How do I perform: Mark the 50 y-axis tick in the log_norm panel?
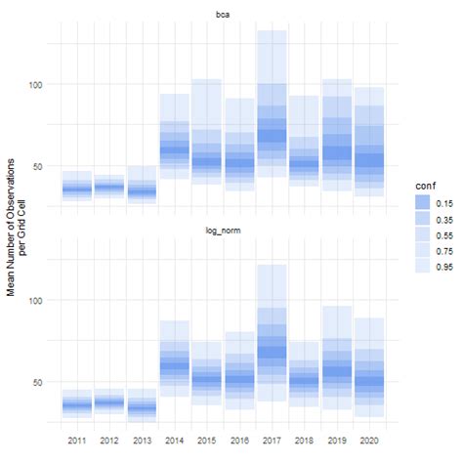pos(38,382)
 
